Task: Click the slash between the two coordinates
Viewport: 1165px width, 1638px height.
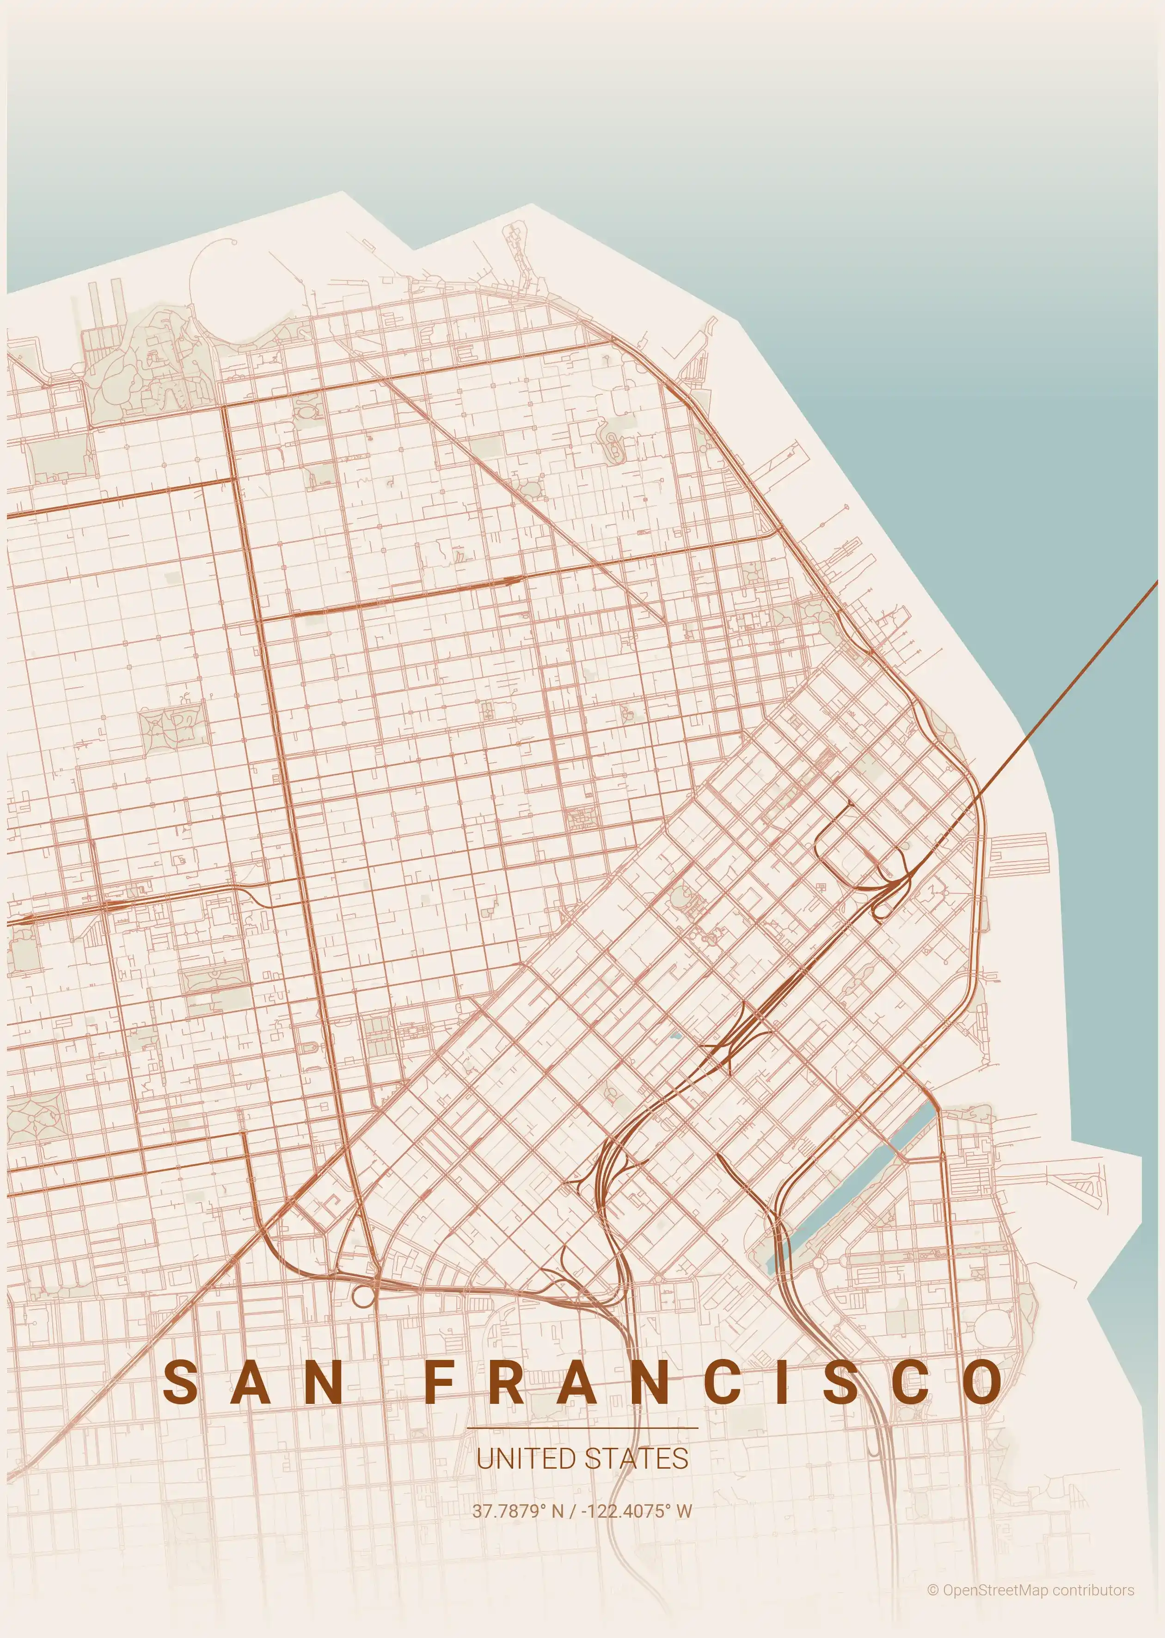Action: (x=572, y=1511)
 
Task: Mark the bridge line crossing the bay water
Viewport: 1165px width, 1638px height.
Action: (x=1076, y=682)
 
